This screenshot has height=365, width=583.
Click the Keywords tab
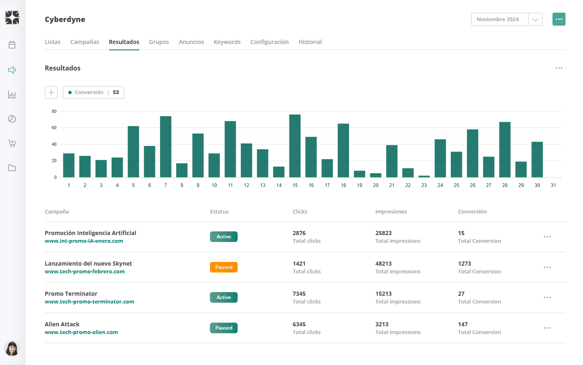[x=227, y=42]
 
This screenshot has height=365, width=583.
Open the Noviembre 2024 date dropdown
[x=535, y=20]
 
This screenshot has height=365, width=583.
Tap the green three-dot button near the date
[x=559, y=19]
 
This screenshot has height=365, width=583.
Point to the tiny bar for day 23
[x=424, y=176]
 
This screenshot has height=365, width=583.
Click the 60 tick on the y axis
[x=54, y=128]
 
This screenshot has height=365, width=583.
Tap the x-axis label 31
[x=553, y=185]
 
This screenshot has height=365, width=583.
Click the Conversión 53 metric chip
[x=94, y=92]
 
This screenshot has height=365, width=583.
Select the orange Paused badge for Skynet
[x=224, y=267]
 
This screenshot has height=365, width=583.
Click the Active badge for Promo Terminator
[x=224, y=297]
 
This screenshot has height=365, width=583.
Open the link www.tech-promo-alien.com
[x=81, y=332]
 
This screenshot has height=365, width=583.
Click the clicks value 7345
[x=299, y=294]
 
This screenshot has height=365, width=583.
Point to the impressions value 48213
[x=383, y=264]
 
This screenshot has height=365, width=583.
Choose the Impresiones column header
[x=391, y=212]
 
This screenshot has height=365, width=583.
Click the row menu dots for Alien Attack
[x=547, y=328]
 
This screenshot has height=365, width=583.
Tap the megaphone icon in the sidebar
[x=12, y=70]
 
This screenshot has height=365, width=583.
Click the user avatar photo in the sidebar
[x=12, y=348]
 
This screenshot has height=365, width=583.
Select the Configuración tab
[x=269, y=42]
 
